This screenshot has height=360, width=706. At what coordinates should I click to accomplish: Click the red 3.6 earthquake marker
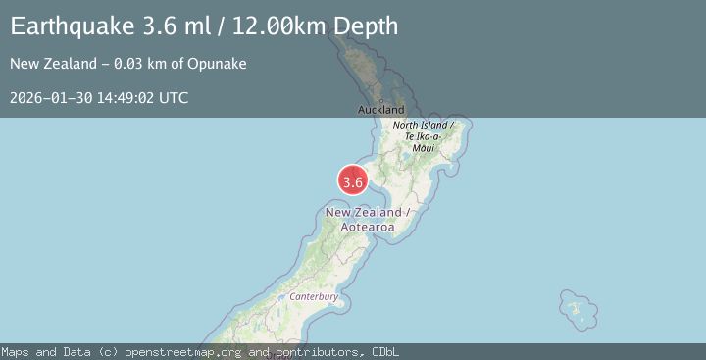pos(353,180)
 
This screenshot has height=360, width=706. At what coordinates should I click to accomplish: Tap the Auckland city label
pos(382,110)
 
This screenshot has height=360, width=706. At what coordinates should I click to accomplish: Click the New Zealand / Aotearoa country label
pos(367,220)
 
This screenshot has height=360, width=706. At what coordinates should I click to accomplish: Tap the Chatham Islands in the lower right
pos(580,311)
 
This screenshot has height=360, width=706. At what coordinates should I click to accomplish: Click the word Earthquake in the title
pos(67,26)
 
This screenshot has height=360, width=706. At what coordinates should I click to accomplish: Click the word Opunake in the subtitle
pos(220,64)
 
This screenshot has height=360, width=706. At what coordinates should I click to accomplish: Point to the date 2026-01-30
pos(47,97)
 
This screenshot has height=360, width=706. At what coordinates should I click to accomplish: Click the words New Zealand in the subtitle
pos(47,64)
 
